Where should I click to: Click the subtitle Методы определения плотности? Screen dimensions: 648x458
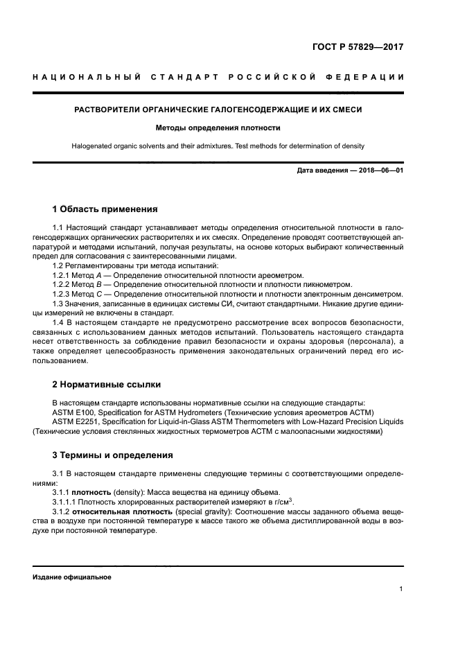coord(218,128)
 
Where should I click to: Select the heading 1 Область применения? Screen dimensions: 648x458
coord(105,209)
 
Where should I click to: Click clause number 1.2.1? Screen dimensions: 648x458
coord(62,275)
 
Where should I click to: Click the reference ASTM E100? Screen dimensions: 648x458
coord(71,412)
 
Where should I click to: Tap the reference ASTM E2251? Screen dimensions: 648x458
coord(73,421)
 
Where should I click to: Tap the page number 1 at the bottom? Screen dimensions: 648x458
coord(401,589)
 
